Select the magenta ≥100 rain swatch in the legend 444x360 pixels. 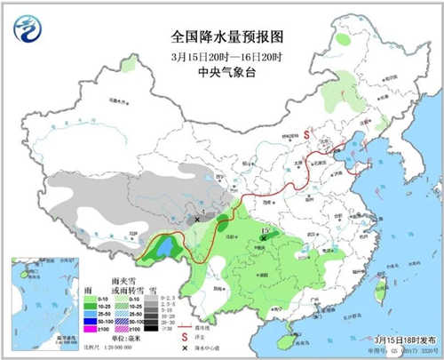pos(90,331)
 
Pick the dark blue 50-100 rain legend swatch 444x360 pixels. pos(90,322)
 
